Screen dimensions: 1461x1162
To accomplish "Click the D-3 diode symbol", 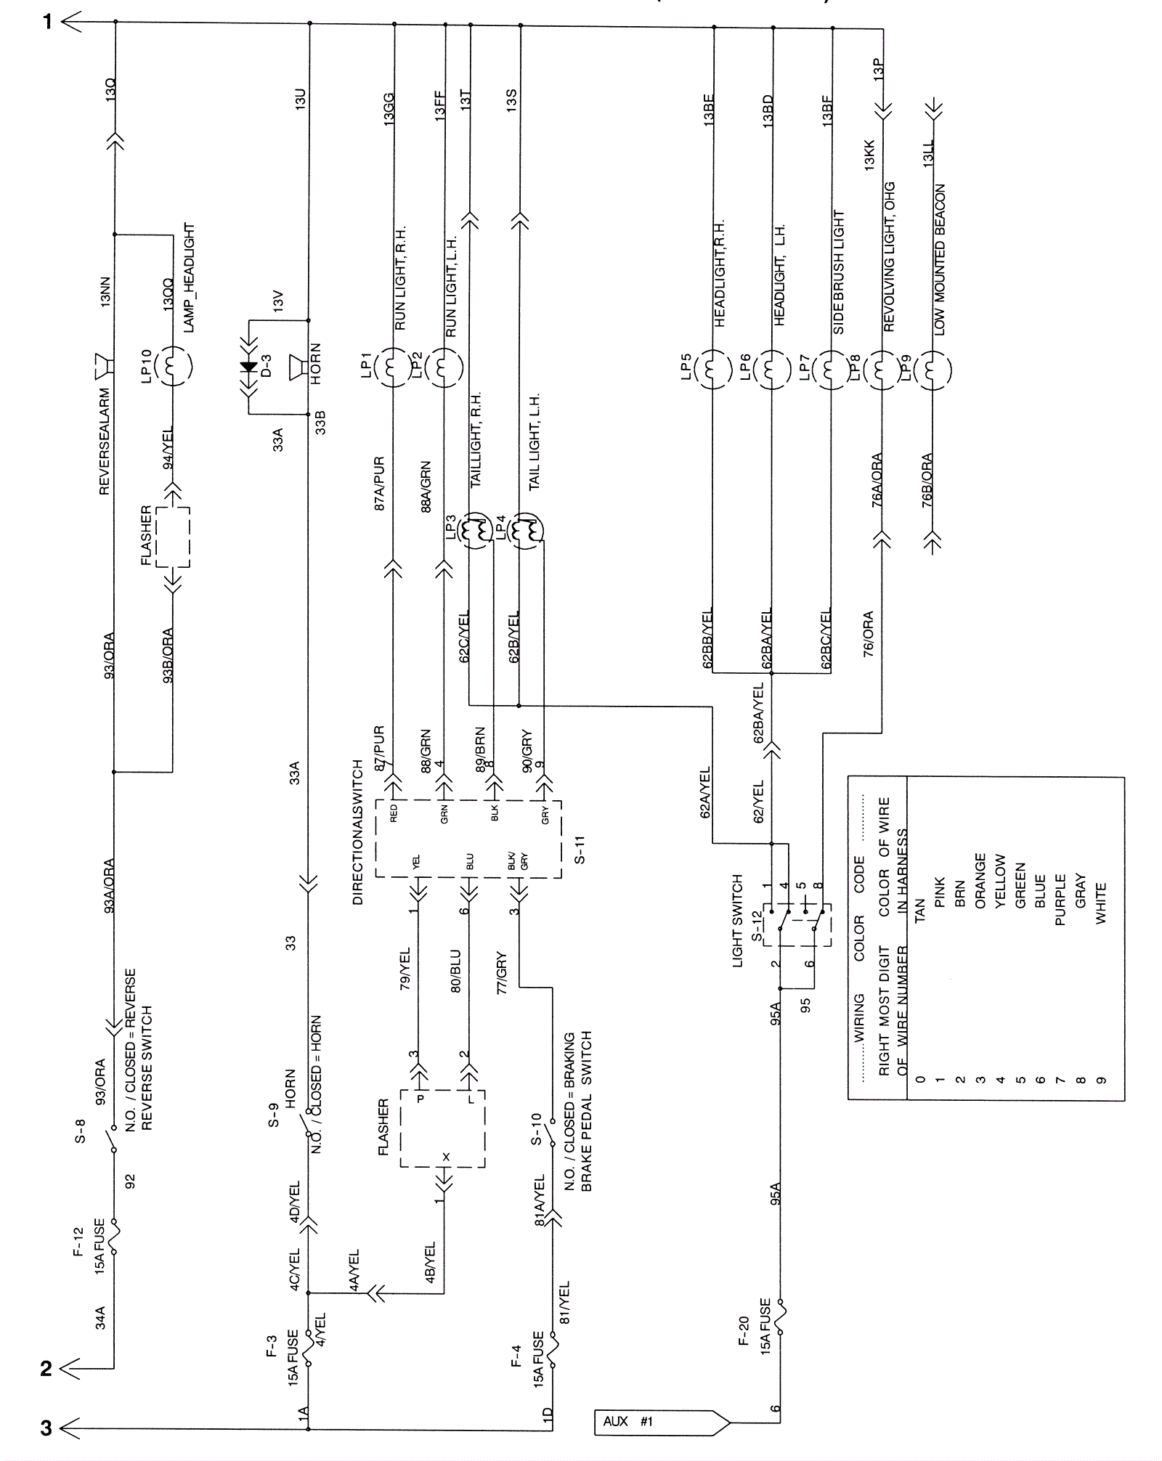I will (x=249, y=367).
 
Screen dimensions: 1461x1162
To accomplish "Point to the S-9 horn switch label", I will (x=273, y=1115).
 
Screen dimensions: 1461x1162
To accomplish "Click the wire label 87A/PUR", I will (x=380, y=484).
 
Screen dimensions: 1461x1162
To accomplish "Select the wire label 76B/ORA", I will (x=927, y=480).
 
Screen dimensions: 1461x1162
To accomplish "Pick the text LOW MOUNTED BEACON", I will (x=940, y=259).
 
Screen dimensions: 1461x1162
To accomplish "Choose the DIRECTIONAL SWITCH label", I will (x=357, y=832).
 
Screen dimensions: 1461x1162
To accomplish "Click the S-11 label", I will (x=580, y=850).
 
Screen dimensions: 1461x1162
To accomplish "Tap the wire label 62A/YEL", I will (x=704, y=793).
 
